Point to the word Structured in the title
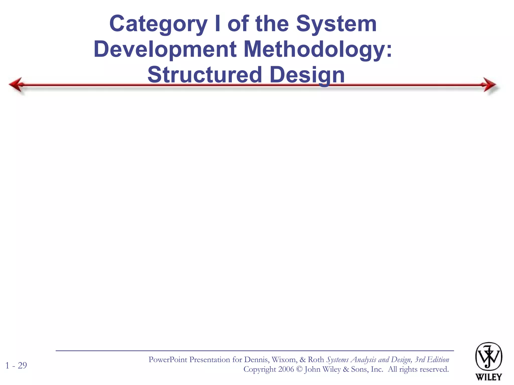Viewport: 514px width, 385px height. pos(205,75)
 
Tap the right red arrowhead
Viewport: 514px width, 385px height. pos(489,85)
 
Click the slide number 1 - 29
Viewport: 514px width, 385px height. pos(16,365)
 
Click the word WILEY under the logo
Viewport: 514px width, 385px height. pos(488,377)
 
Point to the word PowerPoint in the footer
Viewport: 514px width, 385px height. pos(168,360)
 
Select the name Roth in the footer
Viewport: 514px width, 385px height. pos(316,360)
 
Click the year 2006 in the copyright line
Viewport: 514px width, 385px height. pos(286,369)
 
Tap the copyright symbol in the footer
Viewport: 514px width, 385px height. pos(299,369)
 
